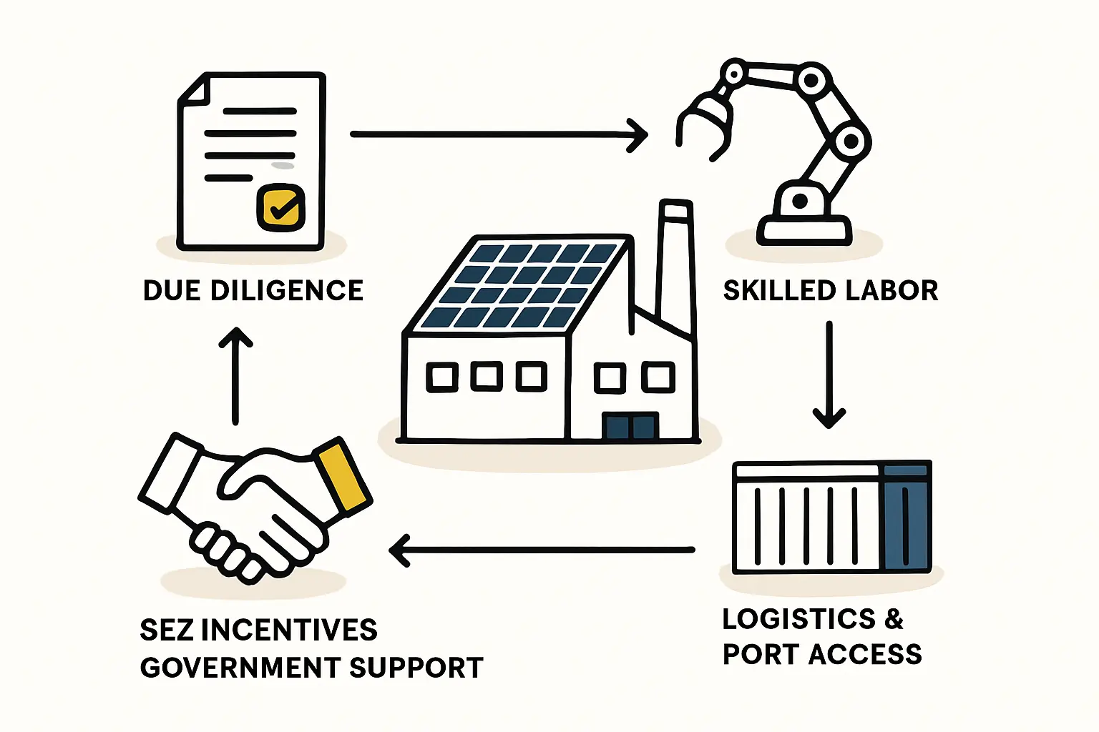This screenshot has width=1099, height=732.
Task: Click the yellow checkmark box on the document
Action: [x=280, y=207]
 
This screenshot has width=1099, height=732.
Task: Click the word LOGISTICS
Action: [x=798, y=619]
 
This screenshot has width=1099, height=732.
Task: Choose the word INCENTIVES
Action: [x=289, y=630]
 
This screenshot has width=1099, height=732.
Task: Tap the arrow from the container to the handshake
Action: [x=542, y=550]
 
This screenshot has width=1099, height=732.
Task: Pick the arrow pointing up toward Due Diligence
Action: [x=235, y=375]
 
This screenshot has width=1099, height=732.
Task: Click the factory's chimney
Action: [x=675, y=264]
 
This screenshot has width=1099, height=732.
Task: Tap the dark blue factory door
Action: [x=630, y=426]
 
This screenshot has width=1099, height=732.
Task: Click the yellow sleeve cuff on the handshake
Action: [x=343, y=475]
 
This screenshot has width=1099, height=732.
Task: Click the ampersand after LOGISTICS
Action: [x=894, y=619]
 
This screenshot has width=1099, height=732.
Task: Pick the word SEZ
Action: [x=167, y=630]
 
